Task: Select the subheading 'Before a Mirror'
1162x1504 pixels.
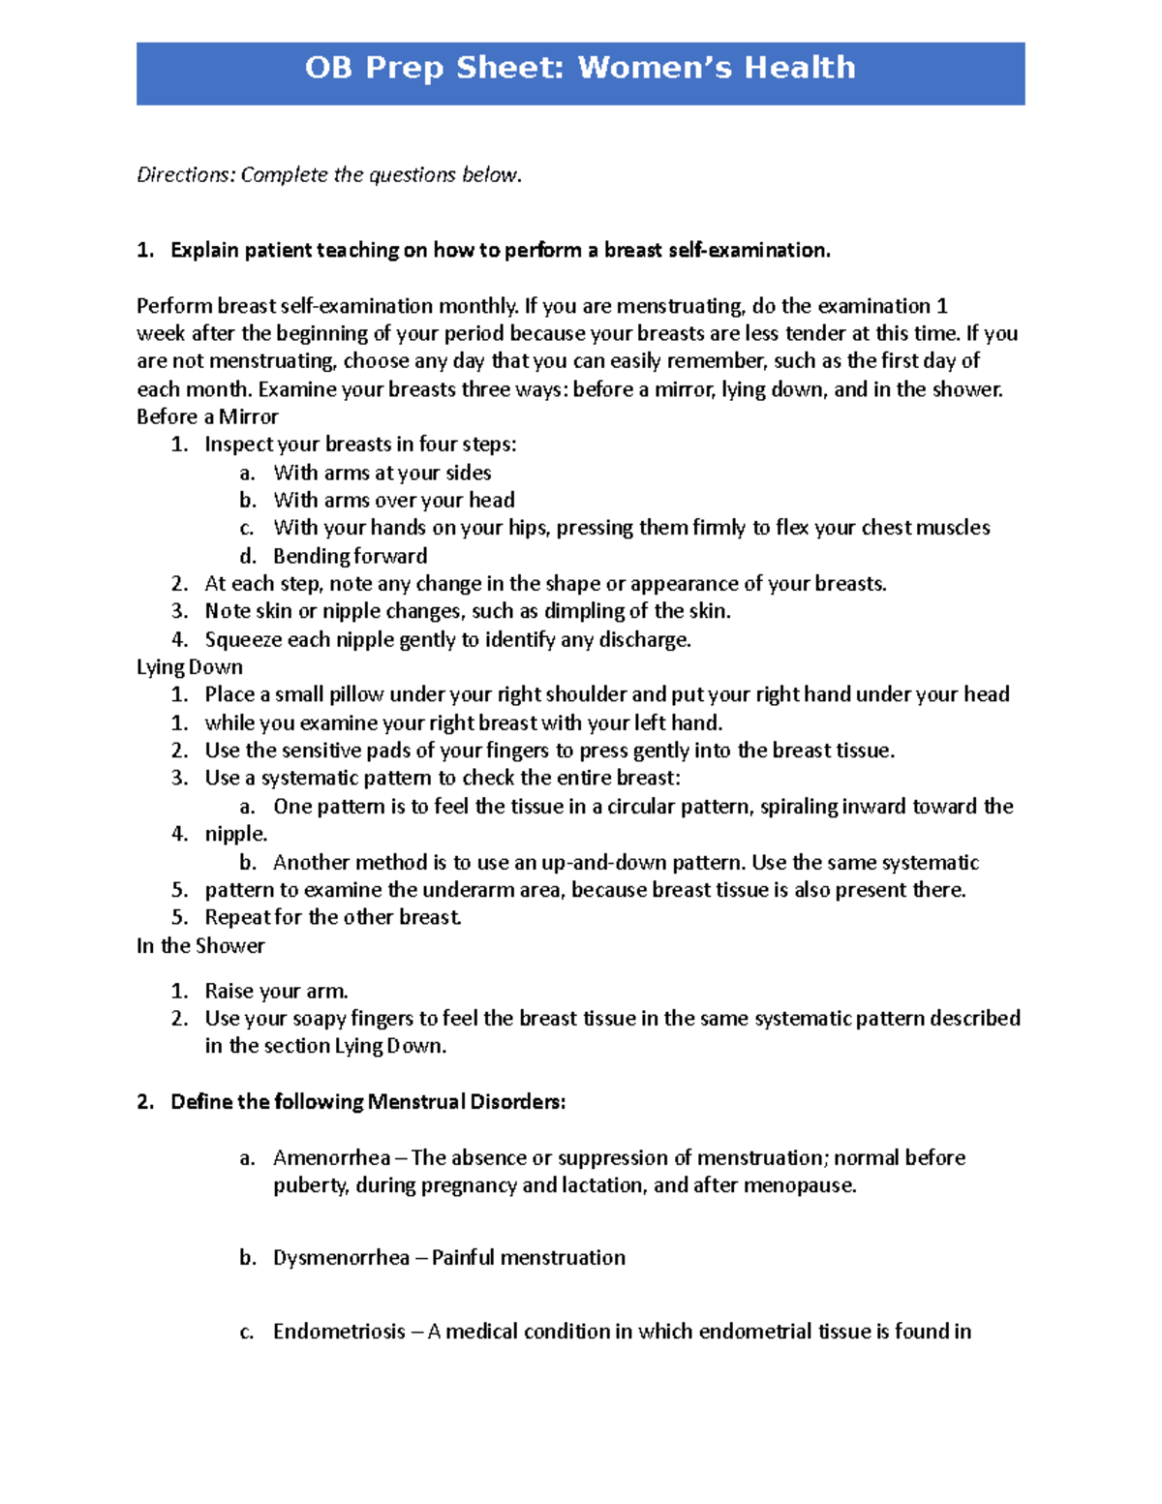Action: click(x=207, y=417)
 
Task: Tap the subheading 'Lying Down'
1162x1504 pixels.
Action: click(x=190, y=667)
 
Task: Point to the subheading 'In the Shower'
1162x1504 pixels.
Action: click(x=200, y=946)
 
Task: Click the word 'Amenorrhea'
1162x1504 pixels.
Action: click(x=331, y=1158)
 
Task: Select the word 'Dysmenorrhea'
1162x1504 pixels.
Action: click(x=341, y=1258)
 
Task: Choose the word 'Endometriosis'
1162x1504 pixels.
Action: click(x=339, y=1332)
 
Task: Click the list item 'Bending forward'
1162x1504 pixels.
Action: click(x=350, y=557)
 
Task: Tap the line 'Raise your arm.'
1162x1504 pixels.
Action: click(x=276, y=992)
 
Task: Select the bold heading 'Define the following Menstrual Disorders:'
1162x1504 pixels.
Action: click(x=368, y=1102)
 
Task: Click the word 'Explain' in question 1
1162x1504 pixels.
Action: click(x=204, y=251)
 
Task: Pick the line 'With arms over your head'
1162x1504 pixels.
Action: click(x=393, y=501)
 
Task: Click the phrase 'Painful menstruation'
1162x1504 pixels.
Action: click(x=528, y=1258)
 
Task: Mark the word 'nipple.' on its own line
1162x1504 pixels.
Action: click(x=235, y=835)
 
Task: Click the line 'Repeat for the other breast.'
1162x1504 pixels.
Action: click(x=333, y=918)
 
